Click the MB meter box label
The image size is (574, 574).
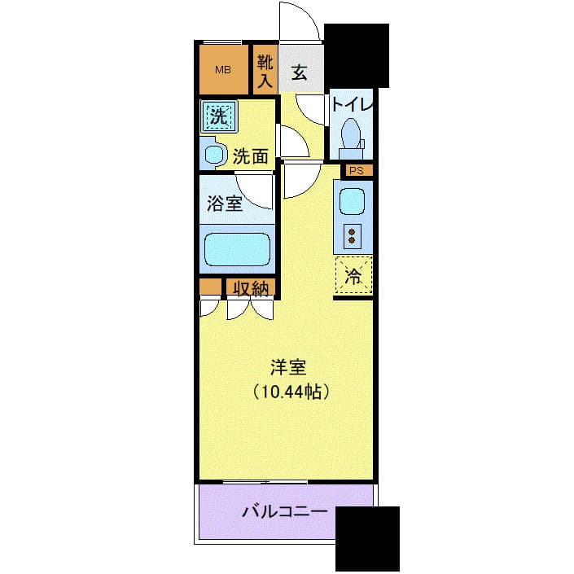click(x=222, y=69)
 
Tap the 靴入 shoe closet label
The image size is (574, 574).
click(x=265, y=70)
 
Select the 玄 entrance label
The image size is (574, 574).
click(x=299, y=72)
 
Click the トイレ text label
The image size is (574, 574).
click(x=352, y=105)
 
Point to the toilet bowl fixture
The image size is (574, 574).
click(x=351, y=134)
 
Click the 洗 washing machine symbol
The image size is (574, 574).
click(x=218, y=116)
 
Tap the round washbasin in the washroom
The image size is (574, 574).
click(x=215, y=154)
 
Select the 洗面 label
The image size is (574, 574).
click(x=250, y=157)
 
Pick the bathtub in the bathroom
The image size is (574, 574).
click(x=236, y=249)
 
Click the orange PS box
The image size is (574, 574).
click(x=357, y=171)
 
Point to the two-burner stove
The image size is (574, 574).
click(x=353, y=235)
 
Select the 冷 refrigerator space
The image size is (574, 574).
click(x=353, y=274)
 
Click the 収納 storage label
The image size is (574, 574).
click(x=250, y=288)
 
